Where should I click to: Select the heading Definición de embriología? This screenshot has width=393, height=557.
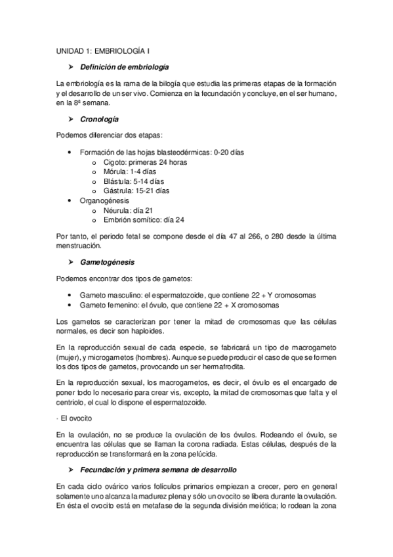pyautogui.click(x=124, y=67)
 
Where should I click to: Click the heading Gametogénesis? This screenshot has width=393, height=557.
pyautogui.click(x=108, y=261)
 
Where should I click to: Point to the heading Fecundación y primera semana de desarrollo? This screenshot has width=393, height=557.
pyautogui.click(x=158, y=470)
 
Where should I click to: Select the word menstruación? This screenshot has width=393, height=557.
pyautogui.click(x=79, y=247)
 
